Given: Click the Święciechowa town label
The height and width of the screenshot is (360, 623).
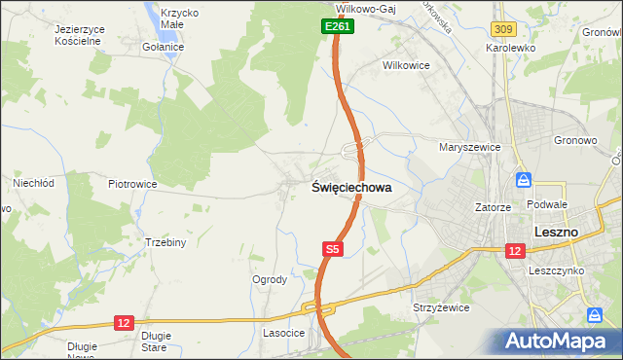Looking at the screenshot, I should tap(350, 188).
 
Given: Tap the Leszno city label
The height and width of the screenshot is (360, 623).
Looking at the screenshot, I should tap(557, 232).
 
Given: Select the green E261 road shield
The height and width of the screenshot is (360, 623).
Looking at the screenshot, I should tap(337, 27).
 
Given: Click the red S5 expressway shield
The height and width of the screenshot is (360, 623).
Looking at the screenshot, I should tap(332, 250).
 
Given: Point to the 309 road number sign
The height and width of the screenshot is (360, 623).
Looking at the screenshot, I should tap(502, 31).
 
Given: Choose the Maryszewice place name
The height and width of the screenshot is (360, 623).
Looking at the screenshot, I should tap(469, 147).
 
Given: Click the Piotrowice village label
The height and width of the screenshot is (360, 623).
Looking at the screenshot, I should tap(132, 183).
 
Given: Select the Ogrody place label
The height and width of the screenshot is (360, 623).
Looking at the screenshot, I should tap(270, 280).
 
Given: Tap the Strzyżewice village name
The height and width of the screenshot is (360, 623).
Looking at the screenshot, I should tap(442, 307).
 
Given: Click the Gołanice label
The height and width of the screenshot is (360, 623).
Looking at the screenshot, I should tap(163, 47).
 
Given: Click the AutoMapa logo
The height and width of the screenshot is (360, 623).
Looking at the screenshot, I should tap(557, 341).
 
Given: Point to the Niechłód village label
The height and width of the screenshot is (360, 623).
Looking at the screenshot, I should tap(32, 182).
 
